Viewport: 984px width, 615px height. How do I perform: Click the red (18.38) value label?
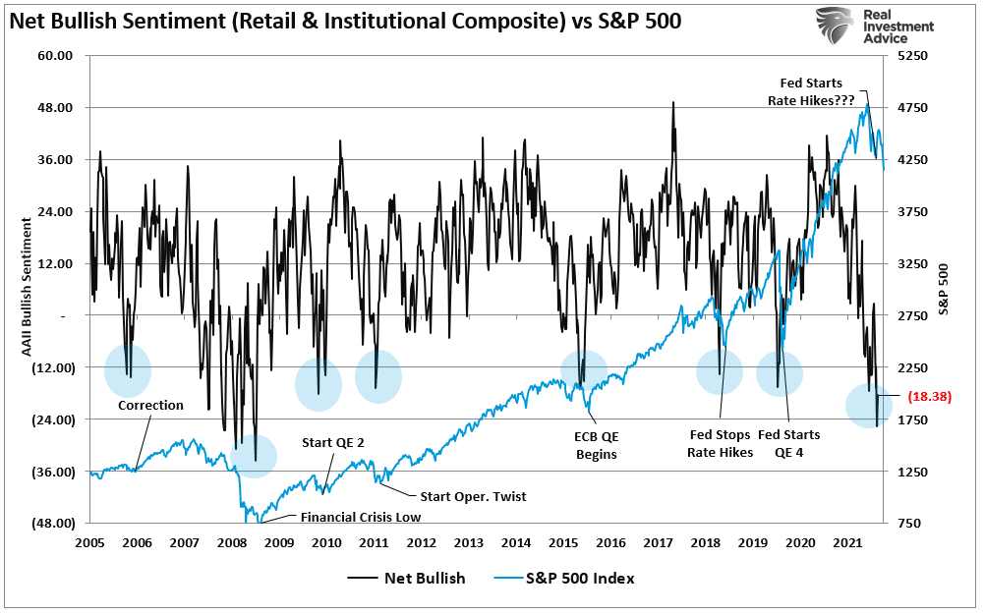coord(929,397)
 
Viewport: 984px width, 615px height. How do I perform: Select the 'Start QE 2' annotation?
coord(333,443)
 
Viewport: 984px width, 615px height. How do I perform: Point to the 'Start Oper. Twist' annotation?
coord(473,497)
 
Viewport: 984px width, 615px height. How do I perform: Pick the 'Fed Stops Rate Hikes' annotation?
coord(721,443)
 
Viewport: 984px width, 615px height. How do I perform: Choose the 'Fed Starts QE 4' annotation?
coord(789,443)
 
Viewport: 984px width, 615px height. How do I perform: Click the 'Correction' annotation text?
coord(150,405)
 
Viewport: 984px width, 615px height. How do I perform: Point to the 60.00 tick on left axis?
coord(58,56)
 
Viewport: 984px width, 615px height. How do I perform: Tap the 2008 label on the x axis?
coord(231,542)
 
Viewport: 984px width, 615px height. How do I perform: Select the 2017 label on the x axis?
coord(658,542)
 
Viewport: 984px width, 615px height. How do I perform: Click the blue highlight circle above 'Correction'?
coord(128,370)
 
